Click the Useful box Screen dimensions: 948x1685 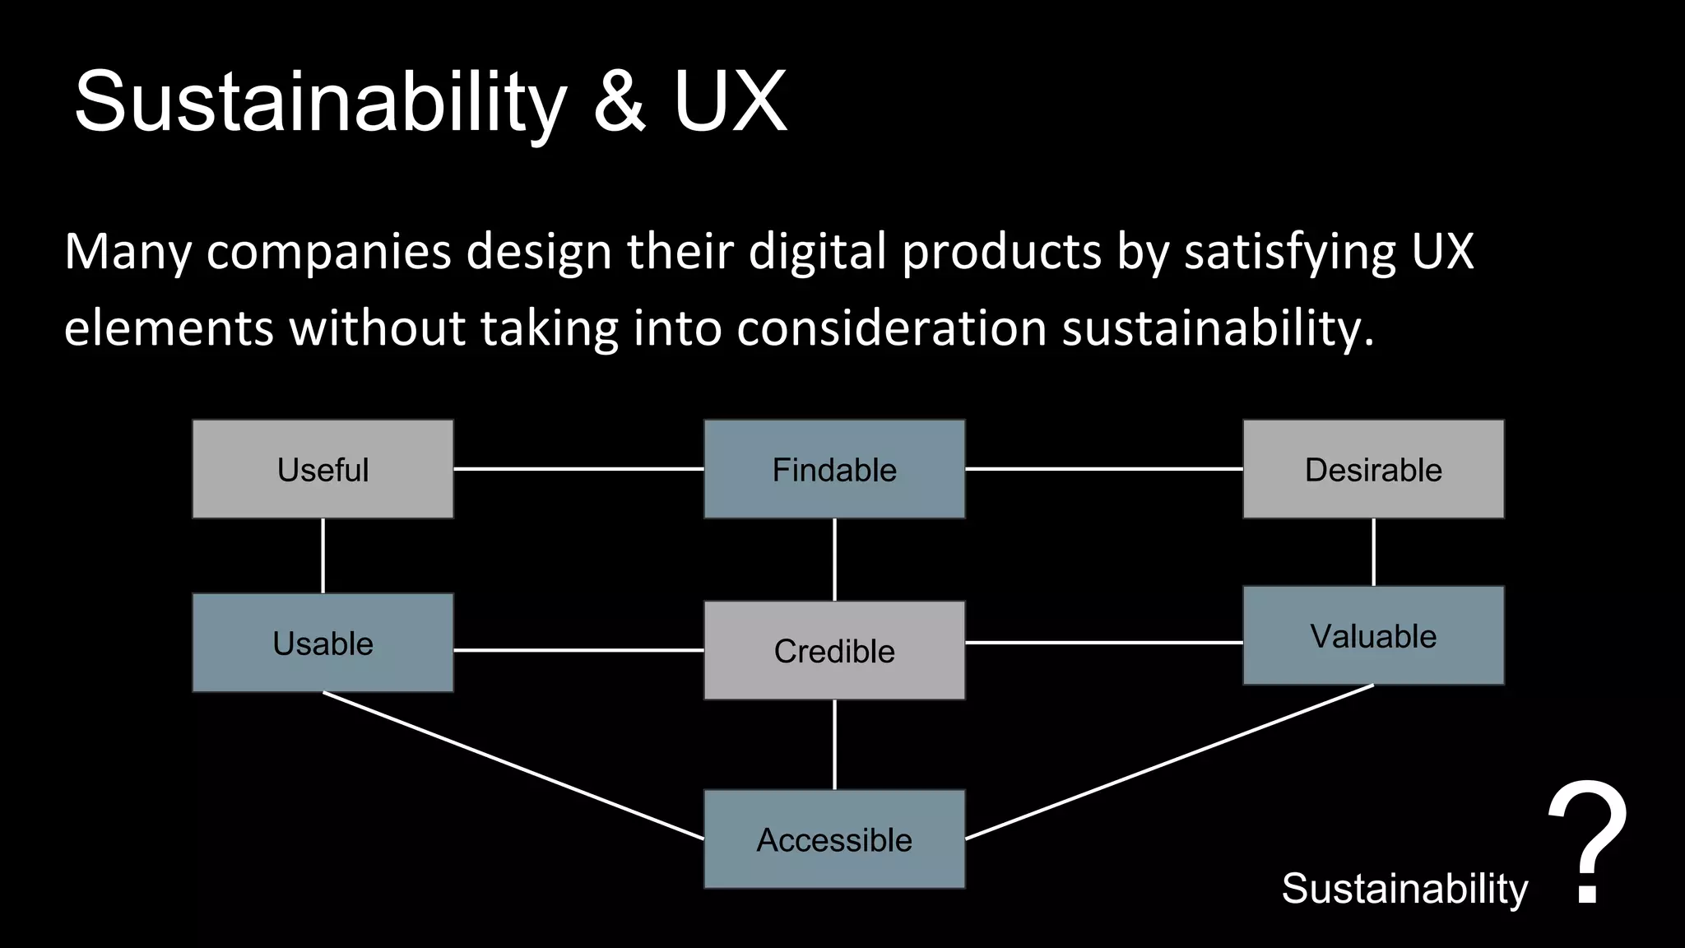pos(323,469)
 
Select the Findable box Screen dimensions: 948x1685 pos(834,469)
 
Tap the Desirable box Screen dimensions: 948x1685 pos(1373,469)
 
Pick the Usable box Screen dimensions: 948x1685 pos(323,643)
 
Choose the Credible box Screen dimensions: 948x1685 pos(834,650)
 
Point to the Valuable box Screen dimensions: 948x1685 pos(1373,635)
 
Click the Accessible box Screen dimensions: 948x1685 pos(834,839)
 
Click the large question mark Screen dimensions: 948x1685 pos(1587,843)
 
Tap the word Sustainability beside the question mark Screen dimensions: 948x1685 pos(1404,889)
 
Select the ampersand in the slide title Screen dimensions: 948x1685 pos(620,102)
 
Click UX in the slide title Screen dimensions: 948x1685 pos(731,102)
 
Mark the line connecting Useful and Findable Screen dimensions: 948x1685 pos(578,469)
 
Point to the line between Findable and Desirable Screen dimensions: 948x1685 pos(1103,469)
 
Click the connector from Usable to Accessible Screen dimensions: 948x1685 pos(513,765)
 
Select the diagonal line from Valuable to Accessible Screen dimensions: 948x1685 pos(1168,762)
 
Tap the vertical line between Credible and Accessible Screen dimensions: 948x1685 pos(834,745)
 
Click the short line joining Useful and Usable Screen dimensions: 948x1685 pos(323,555)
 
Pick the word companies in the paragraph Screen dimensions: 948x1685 pos(328,252)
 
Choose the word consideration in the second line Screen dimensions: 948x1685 pos(891,328)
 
